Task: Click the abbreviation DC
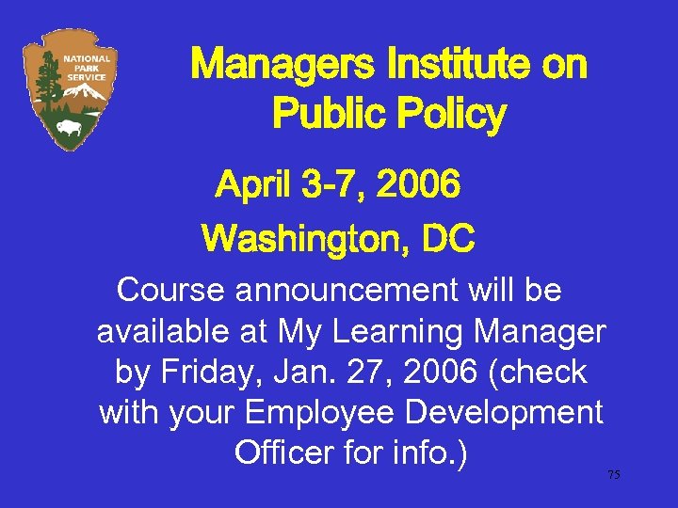[448, 239]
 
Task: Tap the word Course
[172, 291]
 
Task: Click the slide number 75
[613, 475]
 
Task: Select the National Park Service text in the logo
[87, 68]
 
